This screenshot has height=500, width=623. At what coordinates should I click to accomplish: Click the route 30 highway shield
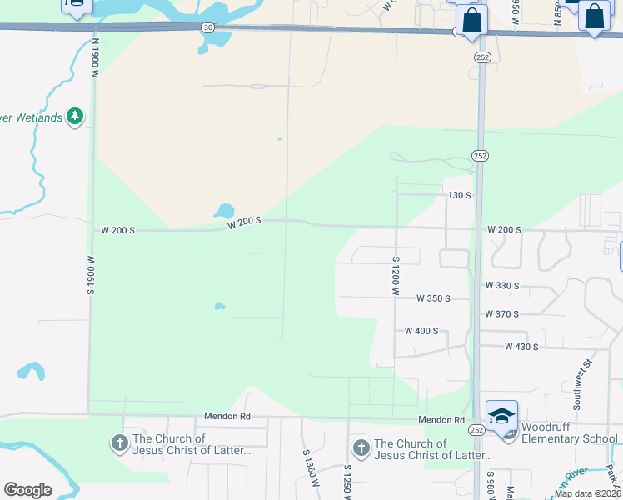point(207,27)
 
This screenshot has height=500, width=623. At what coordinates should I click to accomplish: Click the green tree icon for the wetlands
point(75,116)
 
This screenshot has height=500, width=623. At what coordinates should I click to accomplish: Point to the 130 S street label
point(460,195)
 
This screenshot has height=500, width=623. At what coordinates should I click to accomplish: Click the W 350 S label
point(432,298)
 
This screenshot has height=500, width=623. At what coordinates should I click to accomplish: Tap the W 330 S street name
point(502,286)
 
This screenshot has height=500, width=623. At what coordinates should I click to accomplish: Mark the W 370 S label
point(502,314)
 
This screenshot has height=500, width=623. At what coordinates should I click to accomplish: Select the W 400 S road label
point(421,331)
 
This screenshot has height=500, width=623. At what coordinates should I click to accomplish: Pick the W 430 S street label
point(521,347)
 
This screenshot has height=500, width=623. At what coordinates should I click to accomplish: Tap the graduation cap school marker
point(502,416)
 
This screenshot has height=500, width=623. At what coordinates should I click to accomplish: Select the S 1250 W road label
point(346,480)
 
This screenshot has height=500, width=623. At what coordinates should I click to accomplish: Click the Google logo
point(27,490)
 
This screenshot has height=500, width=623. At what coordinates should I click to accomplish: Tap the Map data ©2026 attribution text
point(587,493)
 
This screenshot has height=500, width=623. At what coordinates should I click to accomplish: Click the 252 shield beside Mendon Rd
point(476,429)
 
